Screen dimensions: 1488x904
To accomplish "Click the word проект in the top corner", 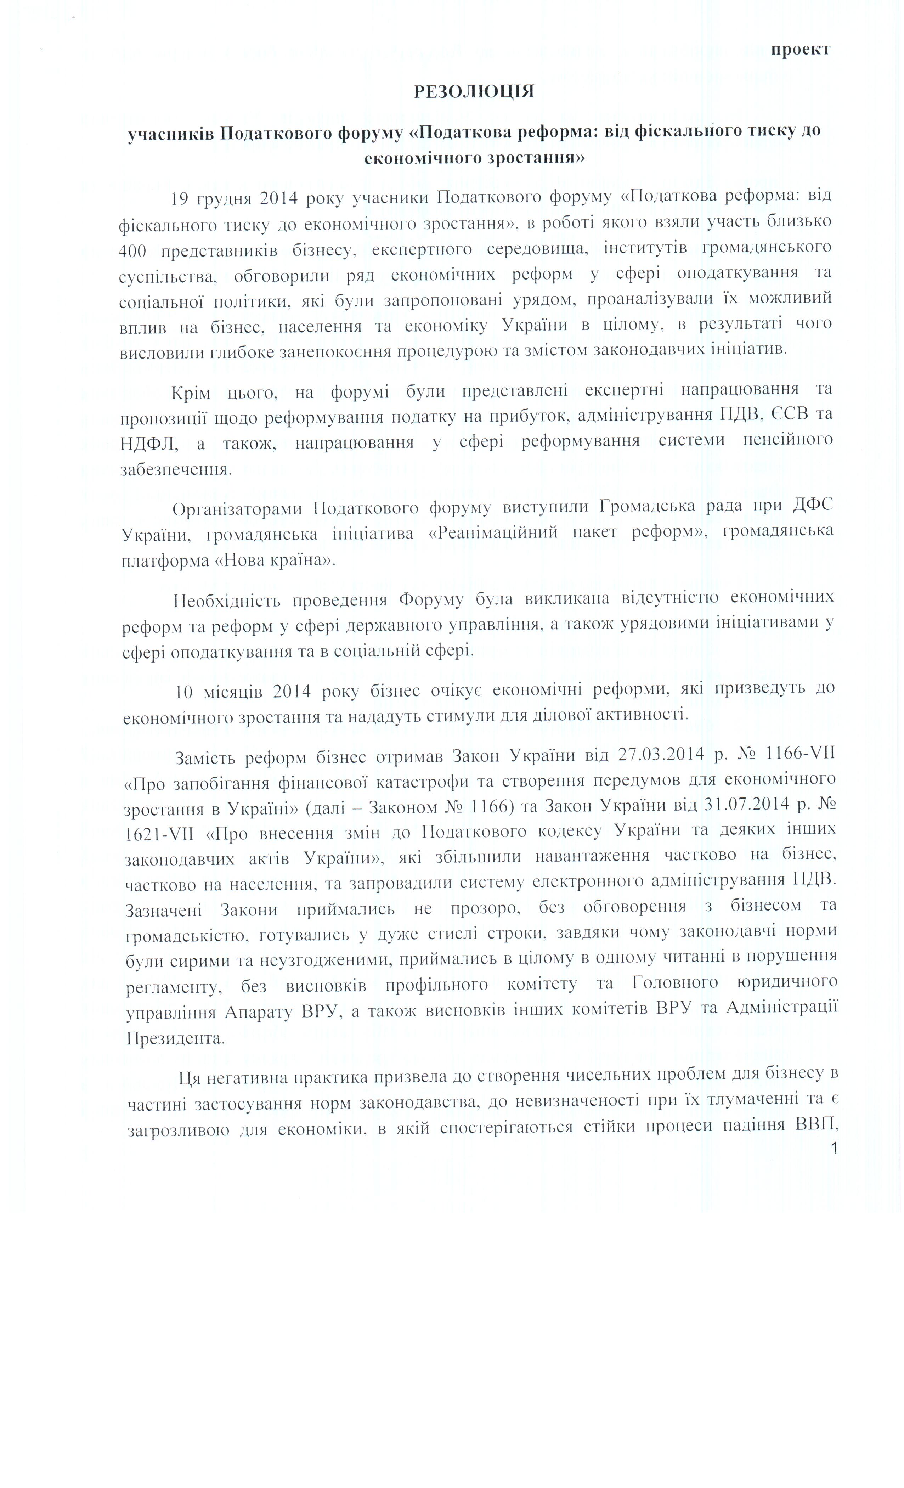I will pos(800,50).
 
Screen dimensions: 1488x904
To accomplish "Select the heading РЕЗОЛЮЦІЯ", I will pos(474,92).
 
